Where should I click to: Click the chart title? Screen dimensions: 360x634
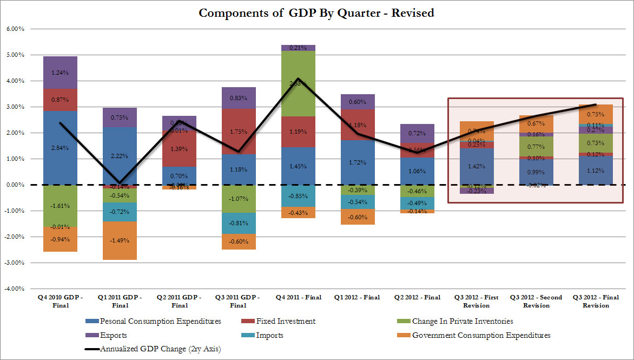point(316,13)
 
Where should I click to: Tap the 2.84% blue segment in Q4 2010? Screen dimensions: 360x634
point(60,148)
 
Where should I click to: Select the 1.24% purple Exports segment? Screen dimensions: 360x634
point(60,73)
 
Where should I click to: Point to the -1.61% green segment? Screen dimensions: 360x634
point(60,206)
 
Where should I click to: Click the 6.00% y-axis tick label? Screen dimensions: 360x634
point(15,29)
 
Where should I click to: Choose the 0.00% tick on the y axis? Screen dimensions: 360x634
point(15,185)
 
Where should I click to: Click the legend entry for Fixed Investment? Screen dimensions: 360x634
point(286,321)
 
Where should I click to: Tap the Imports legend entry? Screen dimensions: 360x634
point(279,335)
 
